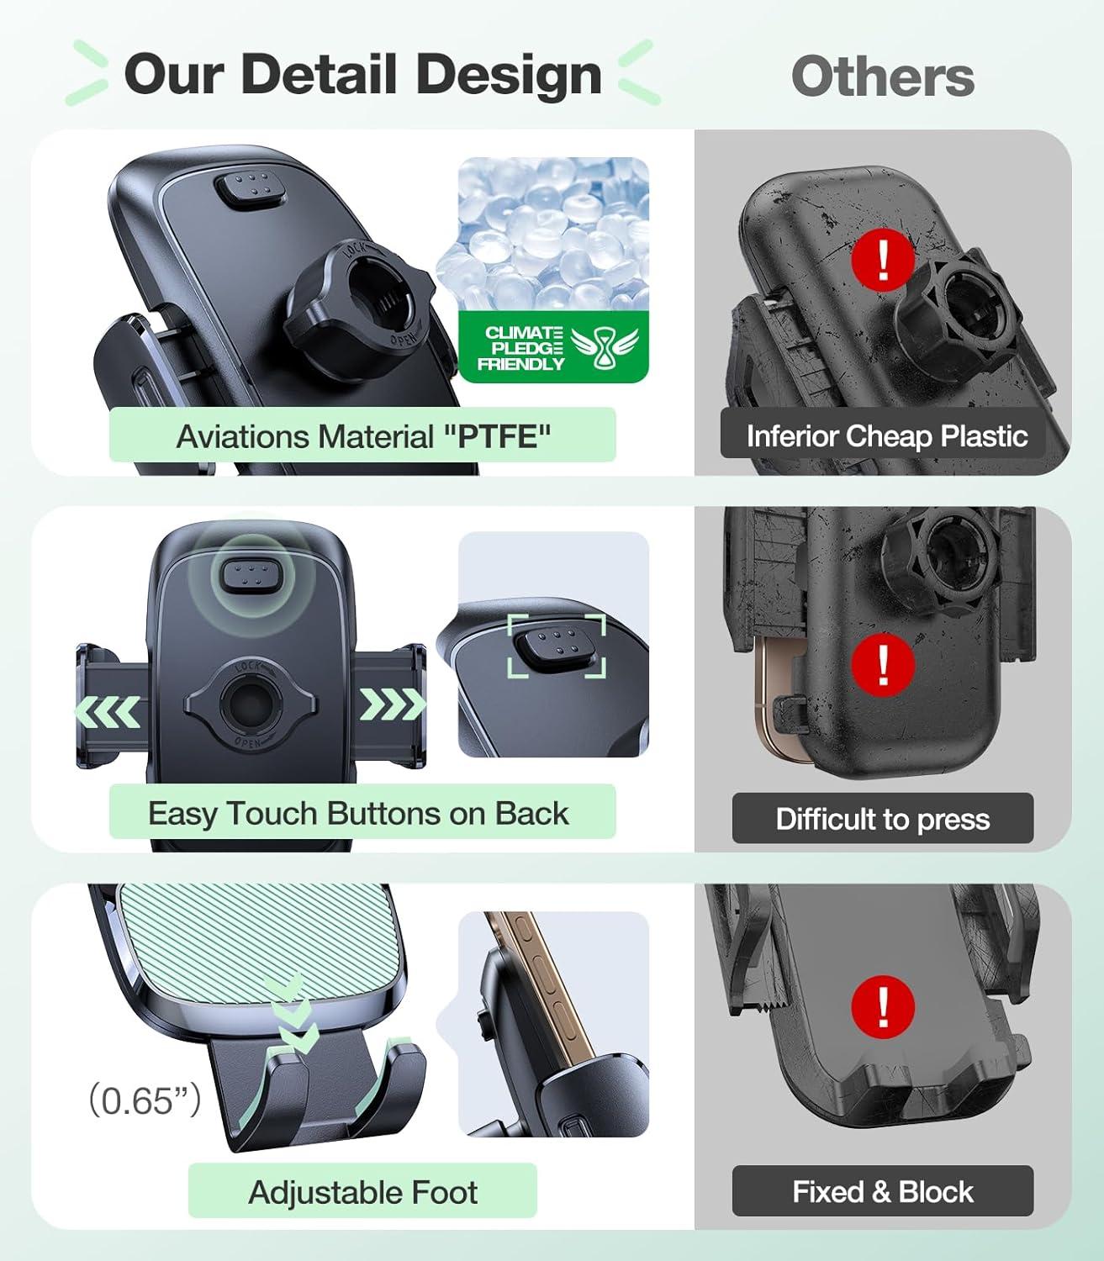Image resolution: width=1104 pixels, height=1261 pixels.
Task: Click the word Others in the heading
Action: (883, 77)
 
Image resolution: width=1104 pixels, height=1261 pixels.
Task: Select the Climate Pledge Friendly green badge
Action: (553, 347)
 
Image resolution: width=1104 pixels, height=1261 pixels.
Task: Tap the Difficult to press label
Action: (883, 819)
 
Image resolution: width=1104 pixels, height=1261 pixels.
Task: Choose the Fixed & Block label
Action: (883, 1192)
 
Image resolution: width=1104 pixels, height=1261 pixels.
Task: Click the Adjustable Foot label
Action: (362, 1192)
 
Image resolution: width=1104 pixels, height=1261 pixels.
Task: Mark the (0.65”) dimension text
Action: (145, 1100)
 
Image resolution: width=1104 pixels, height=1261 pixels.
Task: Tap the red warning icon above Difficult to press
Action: (883, 667)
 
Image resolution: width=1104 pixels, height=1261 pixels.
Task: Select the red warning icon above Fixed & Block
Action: (883, 1007)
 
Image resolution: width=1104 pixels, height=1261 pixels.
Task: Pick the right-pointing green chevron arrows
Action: (393, 704)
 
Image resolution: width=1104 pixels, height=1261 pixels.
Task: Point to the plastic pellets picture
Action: (542, 235)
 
